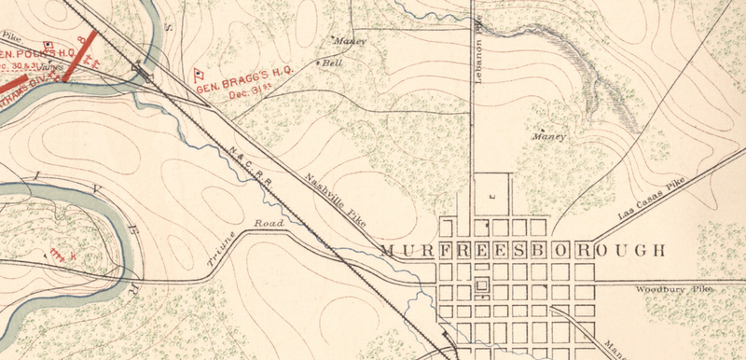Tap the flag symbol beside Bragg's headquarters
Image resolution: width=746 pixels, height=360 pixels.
199,73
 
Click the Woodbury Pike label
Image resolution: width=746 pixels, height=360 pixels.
673,290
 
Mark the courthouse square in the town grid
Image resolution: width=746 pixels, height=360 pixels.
481,285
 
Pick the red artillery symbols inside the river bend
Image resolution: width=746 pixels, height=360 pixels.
61,251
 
